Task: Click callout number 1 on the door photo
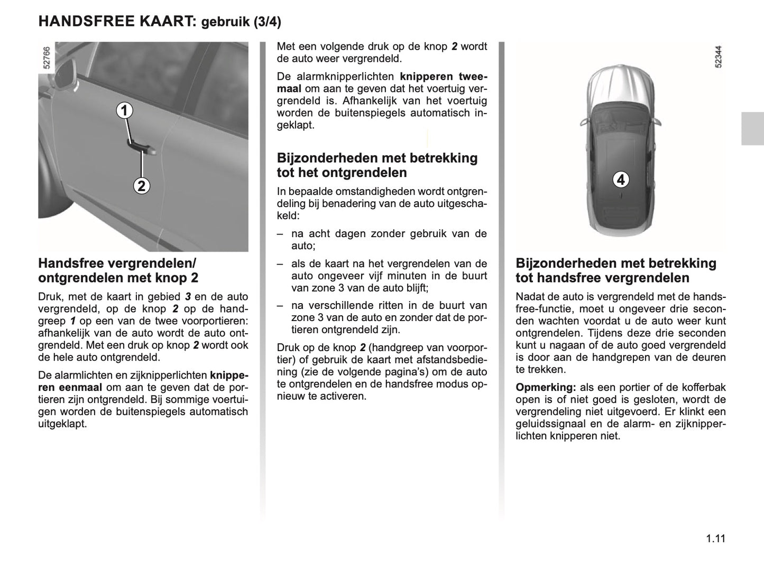point(125,111)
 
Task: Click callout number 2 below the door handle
point(141,186)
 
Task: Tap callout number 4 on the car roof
point(621,180)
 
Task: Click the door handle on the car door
point(141,147)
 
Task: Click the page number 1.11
point(715,539)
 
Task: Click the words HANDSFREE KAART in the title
point(117,22)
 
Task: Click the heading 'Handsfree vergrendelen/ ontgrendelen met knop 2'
point(118,270)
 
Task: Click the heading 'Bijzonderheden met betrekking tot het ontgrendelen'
point(377,165)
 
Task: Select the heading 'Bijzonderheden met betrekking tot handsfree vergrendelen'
point(616,270)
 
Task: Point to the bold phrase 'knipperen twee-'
point(444,77)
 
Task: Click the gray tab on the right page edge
point(752,129)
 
